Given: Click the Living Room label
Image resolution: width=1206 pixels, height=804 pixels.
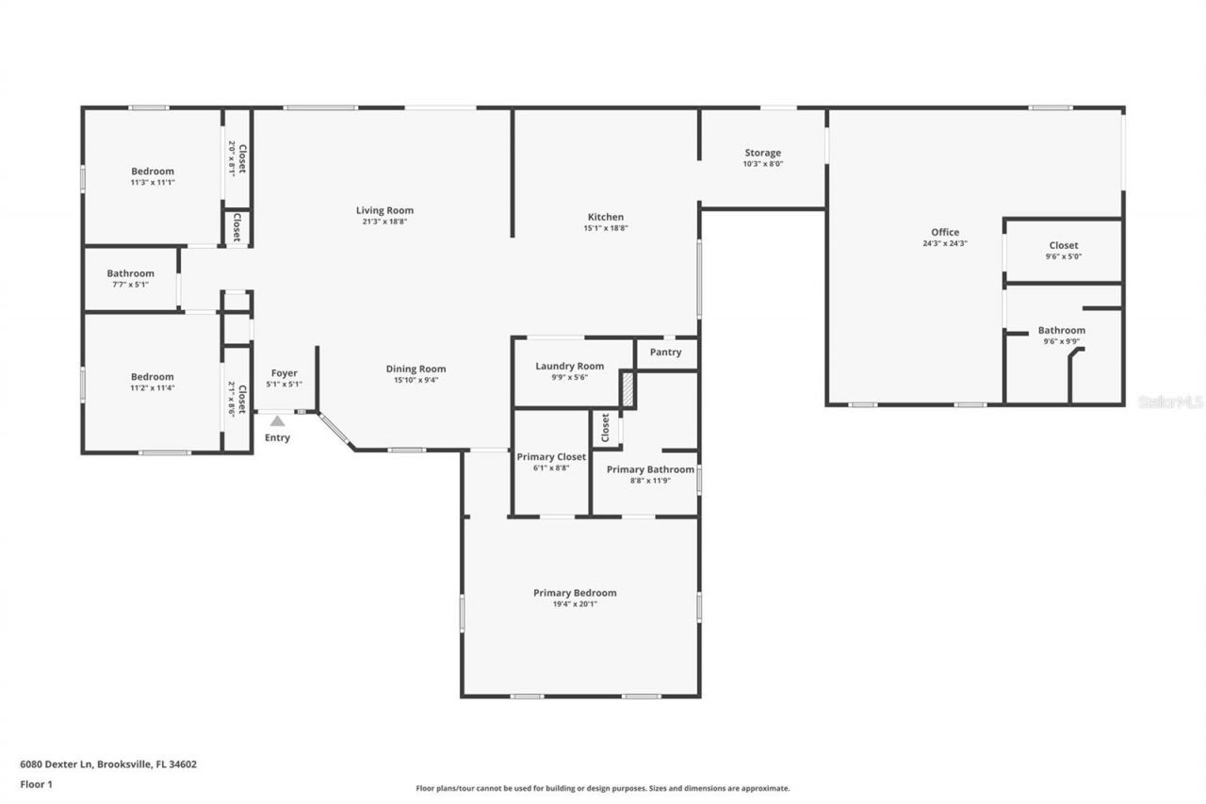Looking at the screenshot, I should point(384,210).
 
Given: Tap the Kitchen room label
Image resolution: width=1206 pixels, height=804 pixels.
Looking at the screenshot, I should point(606,217).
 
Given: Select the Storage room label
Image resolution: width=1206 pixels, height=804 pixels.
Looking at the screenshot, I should point(762,153).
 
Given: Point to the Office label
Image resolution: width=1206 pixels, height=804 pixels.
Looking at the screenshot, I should point(945,232).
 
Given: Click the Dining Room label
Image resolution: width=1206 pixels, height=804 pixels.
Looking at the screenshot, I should point(416,369).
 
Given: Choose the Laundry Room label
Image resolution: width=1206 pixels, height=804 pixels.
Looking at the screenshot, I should point(569,366).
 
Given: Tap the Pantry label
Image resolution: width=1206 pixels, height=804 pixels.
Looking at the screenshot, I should point(665,353).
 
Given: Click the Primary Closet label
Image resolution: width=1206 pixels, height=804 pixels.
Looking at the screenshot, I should point(551,457).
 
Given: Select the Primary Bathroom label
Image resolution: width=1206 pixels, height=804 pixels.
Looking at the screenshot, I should point(650,469).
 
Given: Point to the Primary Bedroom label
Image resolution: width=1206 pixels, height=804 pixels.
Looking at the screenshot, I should point(575,593).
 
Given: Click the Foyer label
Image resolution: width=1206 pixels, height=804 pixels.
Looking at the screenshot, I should point(284,373).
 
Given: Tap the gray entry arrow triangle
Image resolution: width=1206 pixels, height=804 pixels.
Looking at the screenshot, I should point(277,421).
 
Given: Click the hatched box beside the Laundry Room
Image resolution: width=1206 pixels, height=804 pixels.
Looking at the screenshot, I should point(627,388).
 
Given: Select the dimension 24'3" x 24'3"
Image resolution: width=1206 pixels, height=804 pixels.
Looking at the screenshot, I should point(945,243).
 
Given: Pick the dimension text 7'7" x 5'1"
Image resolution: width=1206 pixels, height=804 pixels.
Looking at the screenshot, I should point(130,284).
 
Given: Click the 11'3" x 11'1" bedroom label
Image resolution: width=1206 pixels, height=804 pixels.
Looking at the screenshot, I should point(153,182).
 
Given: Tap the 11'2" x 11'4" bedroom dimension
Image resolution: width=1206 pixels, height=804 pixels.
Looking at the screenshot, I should point(153,387).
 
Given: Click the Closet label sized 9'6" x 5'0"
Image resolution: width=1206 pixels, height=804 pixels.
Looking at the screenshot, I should point(1064,245).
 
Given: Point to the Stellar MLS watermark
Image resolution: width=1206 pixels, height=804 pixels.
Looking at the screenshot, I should point(1170,402).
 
